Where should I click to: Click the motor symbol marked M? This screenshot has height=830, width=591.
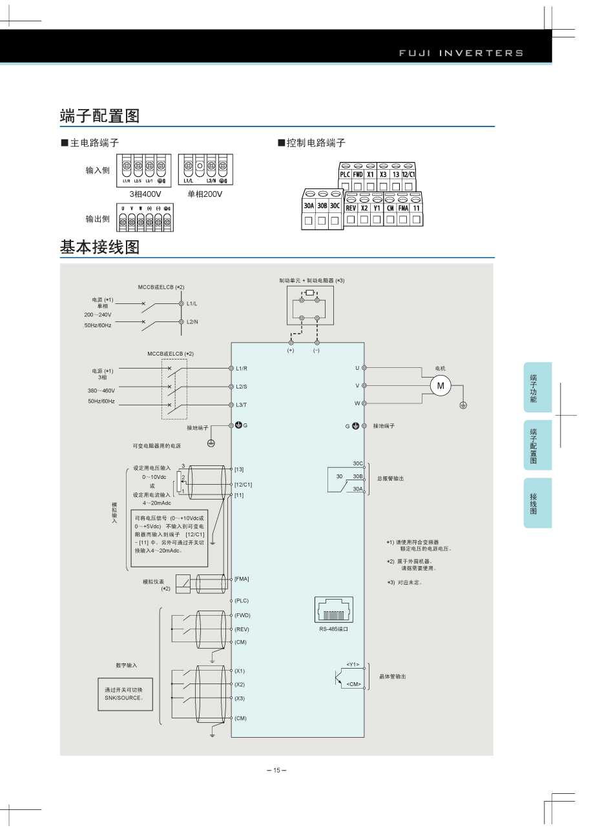coord(442,386)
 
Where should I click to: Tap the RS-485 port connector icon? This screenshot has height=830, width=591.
coord(334,611)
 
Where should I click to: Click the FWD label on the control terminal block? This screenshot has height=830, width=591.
coord(357,174)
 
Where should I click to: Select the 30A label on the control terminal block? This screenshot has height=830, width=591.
coord(309,206)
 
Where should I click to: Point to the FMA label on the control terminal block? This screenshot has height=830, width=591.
coord(403,208)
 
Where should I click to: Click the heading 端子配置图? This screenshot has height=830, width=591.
coord(100,116)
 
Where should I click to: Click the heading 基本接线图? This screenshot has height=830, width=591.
coord(100,247)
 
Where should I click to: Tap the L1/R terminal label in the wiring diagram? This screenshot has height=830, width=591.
coord(242,368)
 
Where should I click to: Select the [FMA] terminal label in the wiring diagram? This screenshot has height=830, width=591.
coord(242,578)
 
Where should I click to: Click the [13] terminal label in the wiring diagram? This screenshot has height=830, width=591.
coord(240,469)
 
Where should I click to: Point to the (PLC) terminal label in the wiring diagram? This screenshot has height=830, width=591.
coord(242,601)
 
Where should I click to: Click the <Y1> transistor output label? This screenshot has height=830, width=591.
coord(353,664)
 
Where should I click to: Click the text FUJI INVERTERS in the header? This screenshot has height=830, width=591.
coord(461,53)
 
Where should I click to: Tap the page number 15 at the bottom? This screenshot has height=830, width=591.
coord(276,770)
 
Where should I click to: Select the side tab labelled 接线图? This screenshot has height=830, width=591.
coord(534,503)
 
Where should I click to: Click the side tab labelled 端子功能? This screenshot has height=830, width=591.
coord(534,388)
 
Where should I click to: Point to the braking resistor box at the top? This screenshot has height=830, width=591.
coord(310,306)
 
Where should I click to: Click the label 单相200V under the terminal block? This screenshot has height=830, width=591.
coord(205,194)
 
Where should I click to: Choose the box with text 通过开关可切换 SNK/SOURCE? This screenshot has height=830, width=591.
coord(125,694)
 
